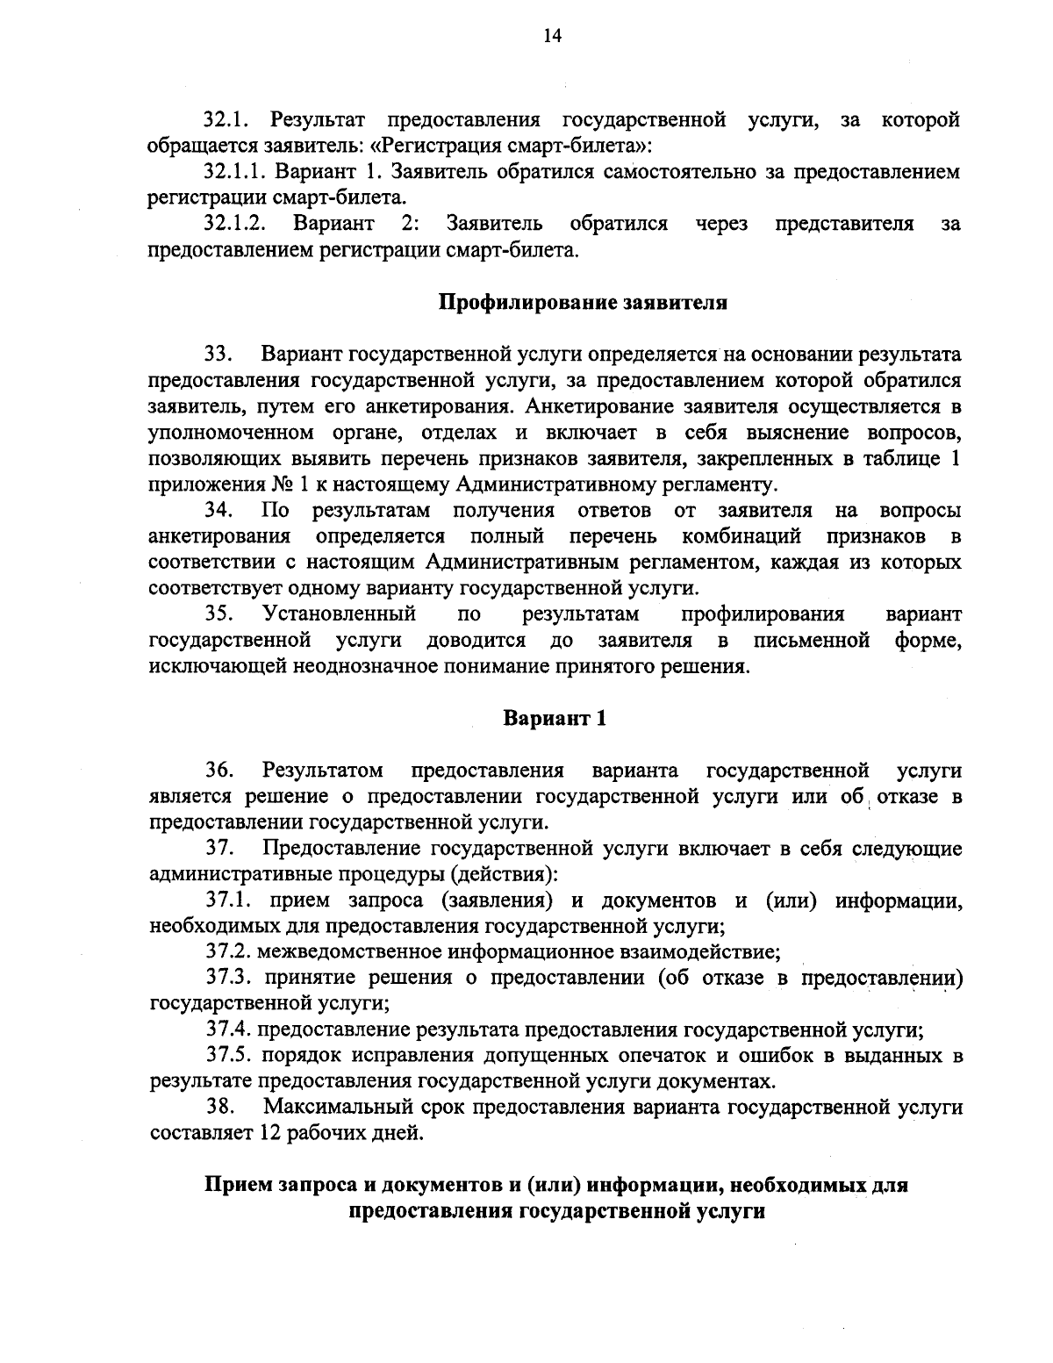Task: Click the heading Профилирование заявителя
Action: point(583,304)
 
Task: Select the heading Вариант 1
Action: point(555,718)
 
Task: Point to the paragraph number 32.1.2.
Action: point(235,224)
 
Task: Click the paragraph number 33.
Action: point(218,355)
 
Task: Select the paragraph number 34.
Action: point(218,510)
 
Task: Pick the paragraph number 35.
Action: point(218,613)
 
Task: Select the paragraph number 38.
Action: point(219,1107)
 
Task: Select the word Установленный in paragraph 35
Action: point(339,613)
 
